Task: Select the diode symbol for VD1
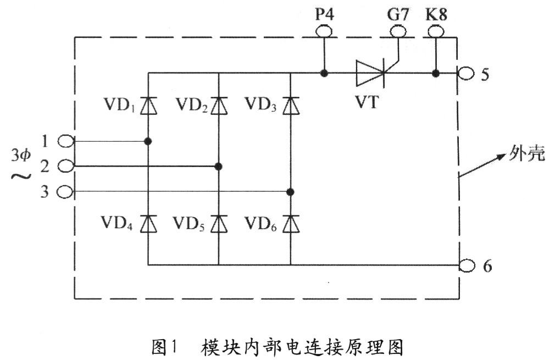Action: (148, 105)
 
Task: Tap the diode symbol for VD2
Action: (219, 105)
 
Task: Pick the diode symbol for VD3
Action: (290, 105)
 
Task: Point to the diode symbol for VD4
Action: (148, 223)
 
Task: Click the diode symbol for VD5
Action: (219, 223)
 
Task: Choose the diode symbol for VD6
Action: (290, 223)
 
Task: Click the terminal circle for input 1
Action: (66, 141)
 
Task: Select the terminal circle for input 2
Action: (66, 165)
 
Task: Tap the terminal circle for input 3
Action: (66, 191)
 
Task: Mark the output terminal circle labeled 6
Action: (468, 265)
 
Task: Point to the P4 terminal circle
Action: (324, 32)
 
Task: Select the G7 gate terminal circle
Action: (397, 32)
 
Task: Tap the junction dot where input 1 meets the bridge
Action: (148, 141)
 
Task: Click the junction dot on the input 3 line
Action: (290, 191)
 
